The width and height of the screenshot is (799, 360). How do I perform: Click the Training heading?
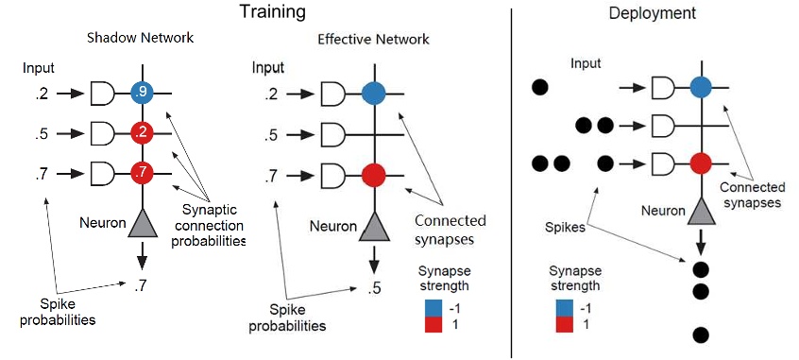point(272,12)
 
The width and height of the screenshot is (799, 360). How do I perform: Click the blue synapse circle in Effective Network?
point(374,93)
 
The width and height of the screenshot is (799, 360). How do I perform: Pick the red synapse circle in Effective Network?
point(374,175)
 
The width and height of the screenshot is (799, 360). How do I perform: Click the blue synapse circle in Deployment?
point(699,88)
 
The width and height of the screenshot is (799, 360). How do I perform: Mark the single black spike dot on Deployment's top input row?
point(539,88)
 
